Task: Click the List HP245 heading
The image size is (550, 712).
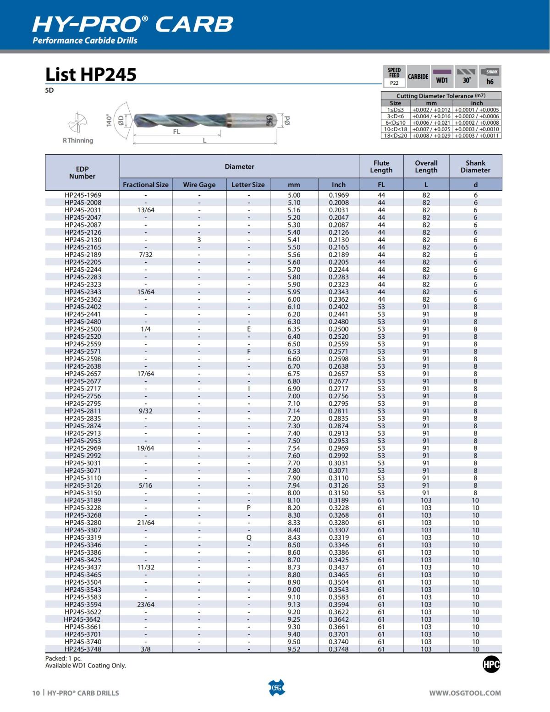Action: pos(91,74)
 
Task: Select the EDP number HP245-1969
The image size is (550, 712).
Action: pos(83,195)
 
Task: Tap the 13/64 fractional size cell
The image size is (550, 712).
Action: pos(146,210)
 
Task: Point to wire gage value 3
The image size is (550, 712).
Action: pos(199,240)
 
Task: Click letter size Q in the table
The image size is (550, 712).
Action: pos(248,538)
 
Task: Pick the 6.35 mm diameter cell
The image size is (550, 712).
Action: pos(294,329)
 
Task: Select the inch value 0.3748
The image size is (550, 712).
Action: pos(338,649)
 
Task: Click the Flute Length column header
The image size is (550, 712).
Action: pos(381,166)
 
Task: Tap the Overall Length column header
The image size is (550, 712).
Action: pos(426,166)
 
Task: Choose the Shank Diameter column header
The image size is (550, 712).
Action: pos(475,166)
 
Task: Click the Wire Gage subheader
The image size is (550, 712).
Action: pos(199,185)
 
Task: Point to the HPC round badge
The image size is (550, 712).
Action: pos(491,664)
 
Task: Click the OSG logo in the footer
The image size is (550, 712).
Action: pos(276,688)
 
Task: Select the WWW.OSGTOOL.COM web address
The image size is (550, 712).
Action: pos(465,693)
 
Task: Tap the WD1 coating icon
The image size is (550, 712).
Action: pos(442,77)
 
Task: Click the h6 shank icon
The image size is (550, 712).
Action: pos(490,77)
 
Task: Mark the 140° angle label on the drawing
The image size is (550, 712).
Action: pos(109,120)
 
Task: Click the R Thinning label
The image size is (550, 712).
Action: pos(78,140)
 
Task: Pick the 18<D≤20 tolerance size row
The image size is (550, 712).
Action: pos(395,136)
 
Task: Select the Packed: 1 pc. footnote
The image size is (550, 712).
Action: pos(63,658)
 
